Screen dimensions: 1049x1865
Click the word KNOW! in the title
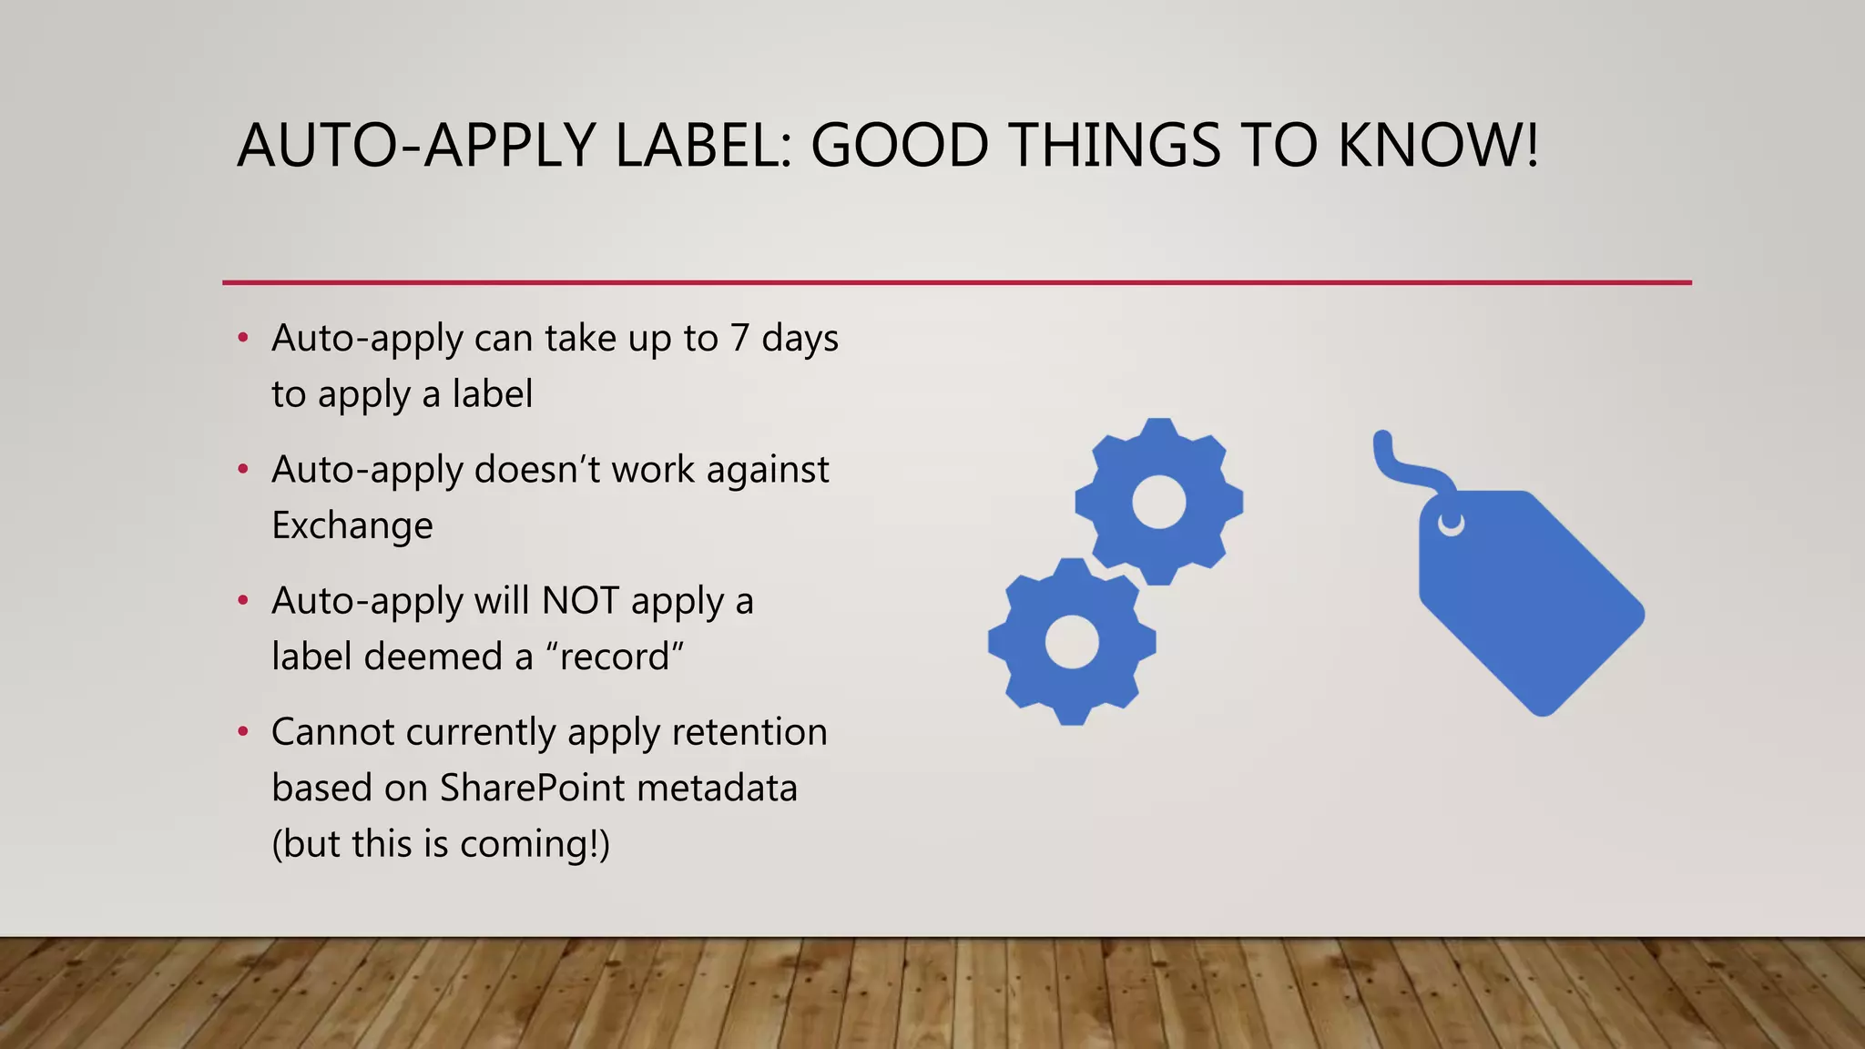pos(1438,146)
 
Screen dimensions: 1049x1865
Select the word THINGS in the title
pos(1115,146)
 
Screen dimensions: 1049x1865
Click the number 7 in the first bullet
pos(739,339)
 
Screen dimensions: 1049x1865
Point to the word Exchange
pos(352,526)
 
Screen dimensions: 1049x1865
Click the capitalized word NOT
pos(580,601)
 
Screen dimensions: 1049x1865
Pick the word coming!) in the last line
pos(535,844)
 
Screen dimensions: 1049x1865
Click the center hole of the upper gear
pos(1158,502)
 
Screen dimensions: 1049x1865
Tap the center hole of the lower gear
pos(1072,641)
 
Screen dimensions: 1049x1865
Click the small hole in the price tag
pos(1451,524)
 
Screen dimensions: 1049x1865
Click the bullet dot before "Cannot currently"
pos(242,732)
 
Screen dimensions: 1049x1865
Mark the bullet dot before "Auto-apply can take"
pos(242,339)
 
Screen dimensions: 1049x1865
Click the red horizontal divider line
pos(956,282)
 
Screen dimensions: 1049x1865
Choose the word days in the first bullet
pos(800,339)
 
